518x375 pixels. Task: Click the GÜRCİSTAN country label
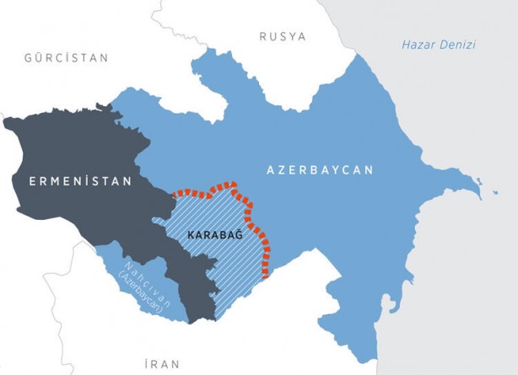pos(67,58)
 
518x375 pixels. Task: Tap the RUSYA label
pos(283,36)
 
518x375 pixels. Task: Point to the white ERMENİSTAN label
pos(80,181)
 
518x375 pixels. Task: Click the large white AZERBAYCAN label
pos(320,169)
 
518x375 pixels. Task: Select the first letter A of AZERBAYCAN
pos(271,169)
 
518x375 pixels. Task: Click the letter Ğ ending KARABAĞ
pos(239,235)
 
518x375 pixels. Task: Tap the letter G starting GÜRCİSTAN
pos(28,58)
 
